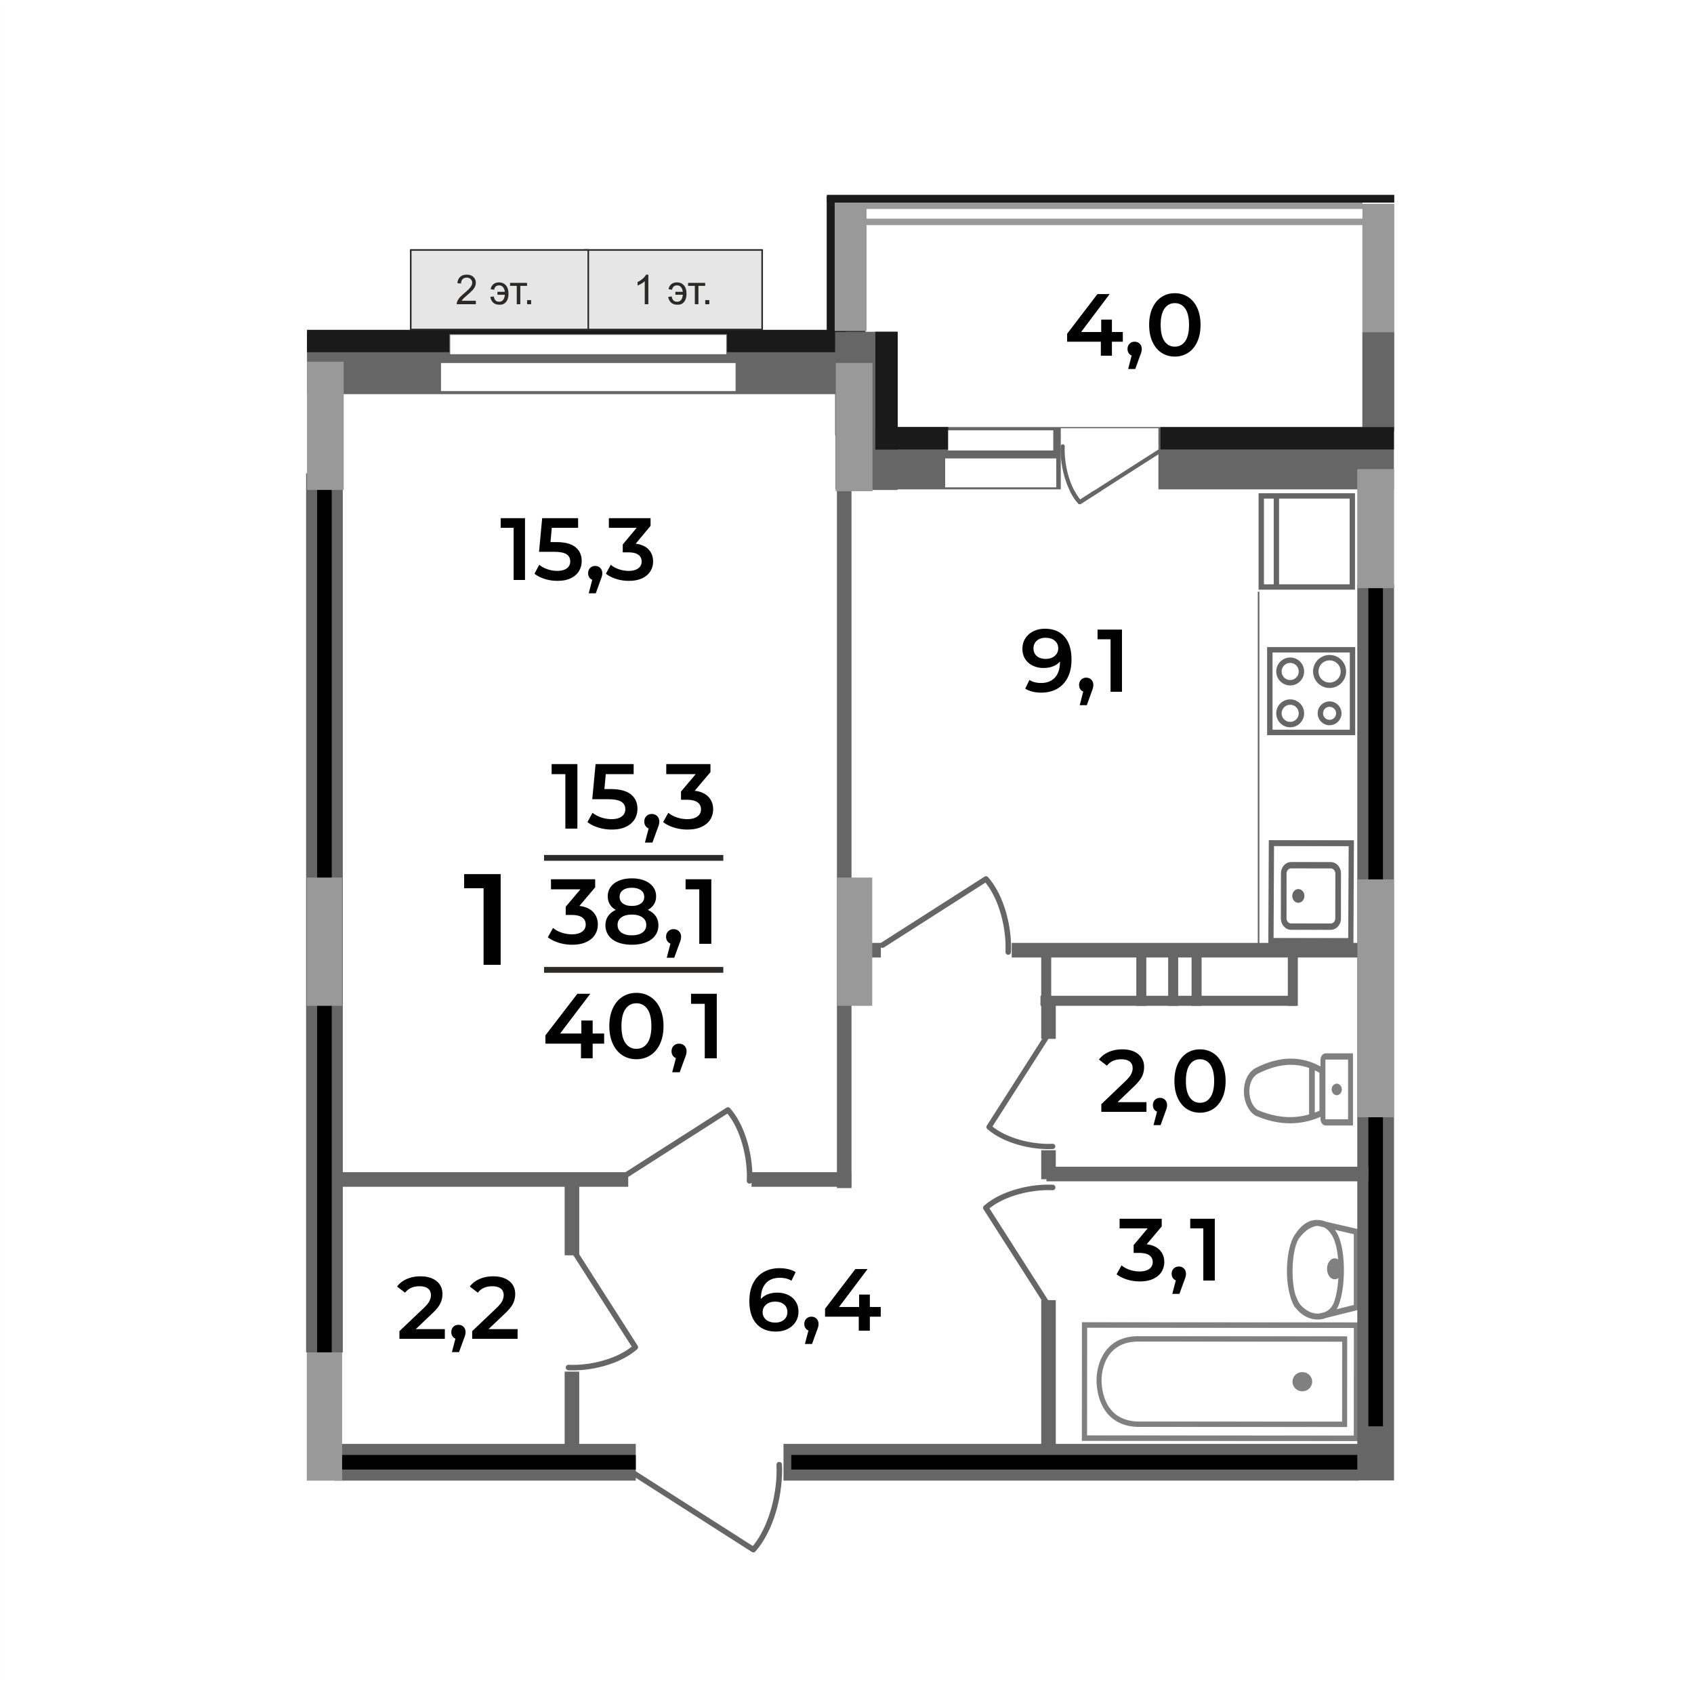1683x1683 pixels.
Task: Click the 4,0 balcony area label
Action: [1134, 329]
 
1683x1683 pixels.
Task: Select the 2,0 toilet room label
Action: [1162, 1085]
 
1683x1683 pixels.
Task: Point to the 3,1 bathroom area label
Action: [1167, 1253]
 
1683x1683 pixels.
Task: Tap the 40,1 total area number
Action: [633, 1031]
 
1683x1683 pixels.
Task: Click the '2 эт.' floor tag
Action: [495, 291]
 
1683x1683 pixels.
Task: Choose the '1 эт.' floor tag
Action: [673, 291]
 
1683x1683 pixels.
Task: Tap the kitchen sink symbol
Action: [1311, 892]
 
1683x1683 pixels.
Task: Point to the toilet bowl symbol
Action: [1298, 1089]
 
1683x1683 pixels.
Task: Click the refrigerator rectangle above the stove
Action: [1307, 541]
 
